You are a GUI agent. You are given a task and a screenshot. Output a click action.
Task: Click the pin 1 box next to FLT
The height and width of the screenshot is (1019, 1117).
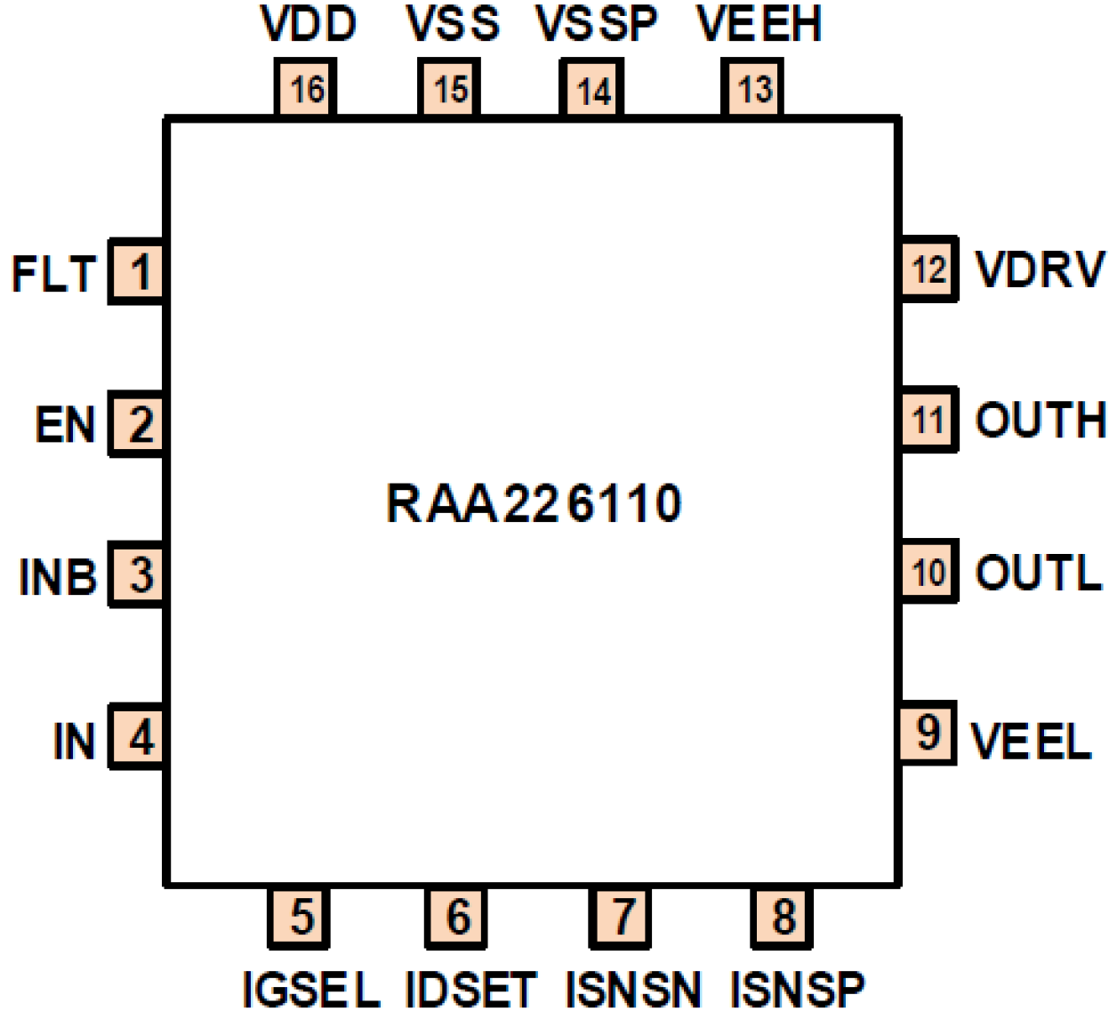[138, 272]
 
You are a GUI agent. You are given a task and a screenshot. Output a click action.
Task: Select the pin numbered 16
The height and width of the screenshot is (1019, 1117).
[306, 89]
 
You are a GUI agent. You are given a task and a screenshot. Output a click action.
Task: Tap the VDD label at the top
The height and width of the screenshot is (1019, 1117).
[309, 24]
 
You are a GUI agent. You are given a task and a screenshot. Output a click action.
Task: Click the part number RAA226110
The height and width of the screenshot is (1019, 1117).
[534, 503]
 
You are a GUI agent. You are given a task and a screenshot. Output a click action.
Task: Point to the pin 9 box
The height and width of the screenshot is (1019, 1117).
[928, 733]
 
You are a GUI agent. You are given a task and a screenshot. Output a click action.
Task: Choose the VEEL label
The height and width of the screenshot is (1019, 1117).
[1031, 741]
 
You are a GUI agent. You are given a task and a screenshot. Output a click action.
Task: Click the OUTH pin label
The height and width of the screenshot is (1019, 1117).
[1041, 420]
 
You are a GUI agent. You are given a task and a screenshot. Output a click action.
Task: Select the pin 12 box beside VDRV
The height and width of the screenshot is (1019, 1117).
[928, 269]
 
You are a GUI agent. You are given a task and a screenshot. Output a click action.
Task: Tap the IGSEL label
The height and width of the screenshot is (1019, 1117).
[311, 989]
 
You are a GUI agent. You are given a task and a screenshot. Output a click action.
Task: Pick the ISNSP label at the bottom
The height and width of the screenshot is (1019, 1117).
[797, 989]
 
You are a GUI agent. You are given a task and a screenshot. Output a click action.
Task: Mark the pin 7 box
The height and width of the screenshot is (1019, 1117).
[621, 917]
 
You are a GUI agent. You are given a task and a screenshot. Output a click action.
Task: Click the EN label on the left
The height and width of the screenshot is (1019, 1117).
[65, 424]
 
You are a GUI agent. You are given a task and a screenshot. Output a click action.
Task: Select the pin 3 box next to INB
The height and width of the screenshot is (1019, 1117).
[138, 574]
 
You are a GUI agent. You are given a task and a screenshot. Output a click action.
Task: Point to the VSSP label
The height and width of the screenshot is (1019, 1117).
[597, 24]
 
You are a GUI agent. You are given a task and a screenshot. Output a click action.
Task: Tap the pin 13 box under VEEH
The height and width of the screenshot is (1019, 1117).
[752, 89]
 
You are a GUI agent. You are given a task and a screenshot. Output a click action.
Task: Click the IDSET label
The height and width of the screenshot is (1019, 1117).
[470, 989]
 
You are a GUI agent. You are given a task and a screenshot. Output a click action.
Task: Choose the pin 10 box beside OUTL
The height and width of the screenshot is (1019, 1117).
[928, 571]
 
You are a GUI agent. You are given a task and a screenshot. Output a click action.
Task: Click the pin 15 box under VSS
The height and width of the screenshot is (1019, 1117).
[450, 89]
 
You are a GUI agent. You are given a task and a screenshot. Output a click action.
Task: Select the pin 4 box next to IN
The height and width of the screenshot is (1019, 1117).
[138, 737]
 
